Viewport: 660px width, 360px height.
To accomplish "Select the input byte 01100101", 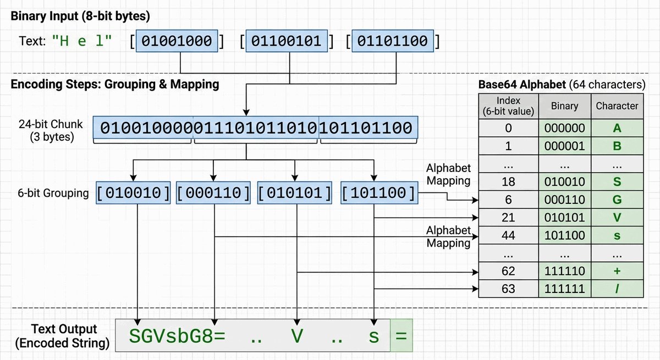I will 288,42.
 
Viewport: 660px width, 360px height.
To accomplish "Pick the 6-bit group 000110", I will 214,193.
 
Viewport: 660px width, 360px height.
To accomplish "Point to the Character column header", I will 617,106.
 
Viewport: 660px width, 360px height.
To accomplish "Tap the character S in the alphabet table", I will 617,181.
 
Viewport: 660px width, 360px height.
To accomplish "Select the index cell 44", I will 508,235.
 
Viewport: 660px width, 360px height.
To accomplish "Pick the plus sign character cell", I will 617,271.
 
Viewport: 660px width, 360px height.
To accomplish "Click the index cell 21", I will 508,218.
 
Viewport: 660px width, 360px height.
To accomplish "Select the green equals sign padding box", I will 401,335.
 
